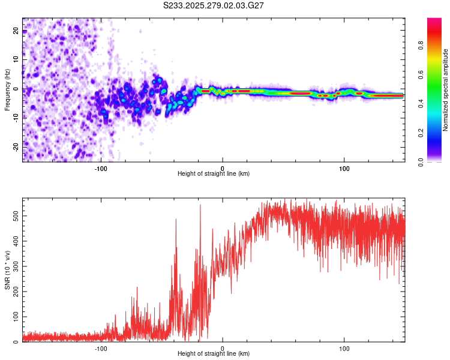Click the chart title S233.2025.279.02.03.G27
coord(214,5)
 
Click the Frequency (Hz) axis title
coord(7,90)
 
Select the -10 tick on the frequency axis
coord(16,118)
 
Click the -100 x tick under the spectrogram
coord(100,168)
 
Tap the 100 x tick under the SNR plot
coord(344,348)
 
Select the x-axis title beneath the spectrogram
coord(214,174)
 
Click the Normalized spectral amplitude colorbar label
coord(446,90)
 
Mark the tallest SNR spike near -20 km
coord(200,205)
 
